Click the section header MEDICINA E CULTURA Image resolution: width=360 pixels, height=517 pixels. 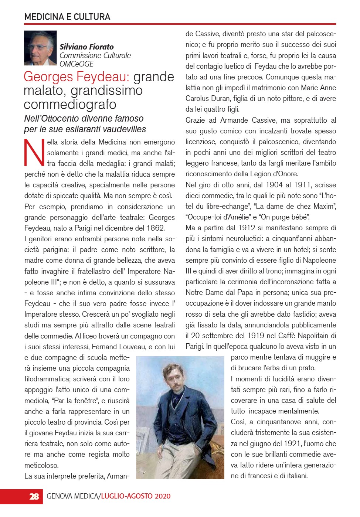67,17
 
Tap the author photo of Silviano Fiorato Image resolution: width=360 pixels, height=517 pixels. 40,48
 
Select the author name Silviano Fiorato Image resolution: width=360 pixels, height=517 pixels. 86,47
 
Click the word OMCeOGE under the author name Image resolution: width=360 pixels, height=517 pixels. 77,64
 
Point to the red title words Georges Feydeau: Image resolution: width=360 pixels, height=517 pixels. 77,77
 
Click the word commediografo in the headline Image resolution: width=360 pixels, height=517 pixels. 70,104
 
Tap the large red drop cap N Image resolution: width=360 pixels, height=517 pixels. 34,153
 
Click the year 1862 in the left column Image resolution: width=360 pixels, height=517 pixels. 155,228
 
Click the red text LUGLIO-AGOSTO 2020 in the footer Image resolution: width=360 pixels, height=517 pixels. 136,496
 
